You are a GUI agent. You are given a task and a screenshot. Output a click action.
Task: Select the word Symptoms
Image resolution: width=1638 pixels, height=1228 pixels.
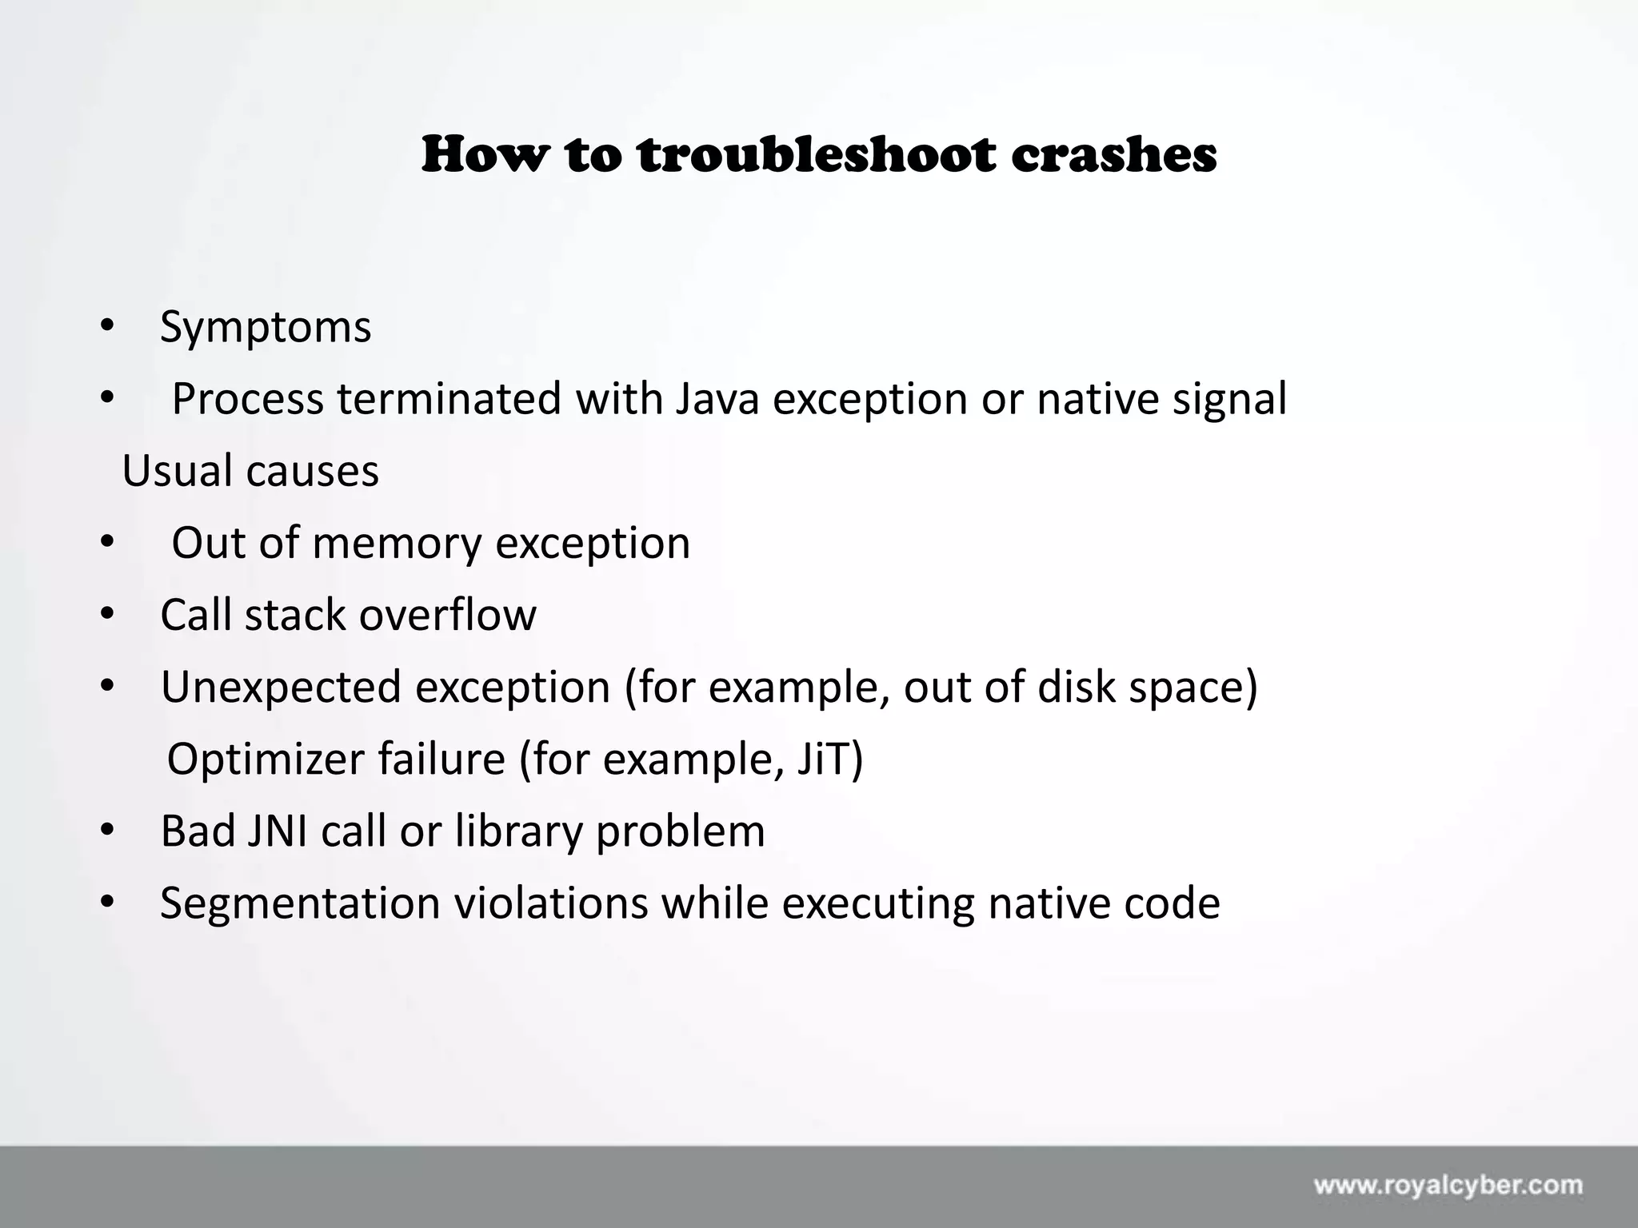coord(266,328)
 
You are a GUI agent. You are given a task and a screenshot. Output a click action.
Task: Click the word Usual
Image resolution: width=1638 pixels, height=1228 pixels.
coord(178,470)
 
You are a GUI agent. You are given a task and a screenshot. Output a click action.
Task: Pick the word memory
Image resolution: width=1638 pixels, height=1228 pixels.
coord(397,544)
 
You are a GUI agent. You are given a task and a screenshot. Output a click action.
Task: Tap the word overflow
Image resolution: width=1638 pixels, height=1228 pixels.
coord(447,615)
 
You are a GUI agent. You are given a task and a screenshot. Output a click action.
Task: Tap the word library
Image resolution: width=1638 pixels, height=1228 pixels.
coord(518,832)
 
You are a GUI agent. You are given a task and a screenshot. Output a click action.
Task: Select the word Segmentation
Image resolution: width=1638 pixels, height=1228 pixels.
coord(300,903)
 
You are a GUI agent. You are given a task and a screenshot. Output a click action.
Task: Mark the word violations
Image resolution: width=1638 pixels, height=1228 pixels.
coord(551,903)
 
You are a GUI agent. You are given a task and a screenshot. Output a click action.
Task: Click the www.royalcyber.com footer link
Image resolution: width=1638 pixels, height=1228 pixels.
coord(1448,1184)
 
